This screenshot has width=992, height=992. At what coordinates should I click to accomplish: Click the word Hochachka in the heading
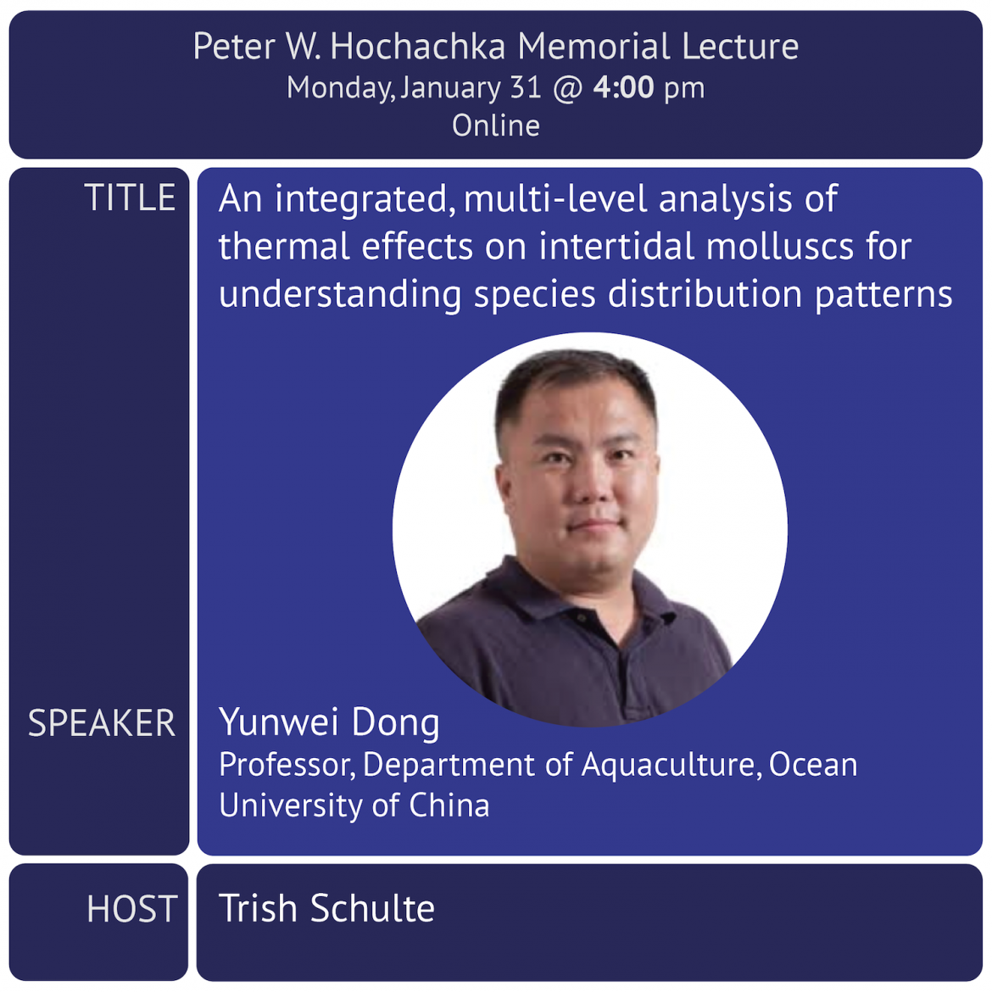tap(417, 46)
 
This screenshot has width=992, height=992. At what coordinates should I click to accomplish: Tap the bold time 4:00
tap(623, 86)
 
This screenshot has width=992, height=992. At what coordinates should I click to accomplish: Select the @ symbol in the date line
tap(567, 88)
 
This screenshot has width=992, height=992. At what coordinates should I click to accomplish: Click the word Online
tap(496, 125)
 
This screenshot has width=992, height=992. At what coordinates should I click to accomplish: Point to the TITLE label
tap(130, 198)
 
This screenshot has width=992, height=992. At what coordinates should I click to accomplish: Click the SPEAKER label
tap(101, 722)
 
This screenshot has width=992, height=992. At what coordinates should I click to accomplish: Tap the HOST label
tap(131, 909)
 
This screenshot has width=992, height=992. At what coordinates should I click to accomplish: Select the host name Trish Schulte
tap(326, 908)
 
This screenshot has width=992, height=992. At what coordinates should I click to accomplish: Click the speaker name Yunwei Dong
tap(329, 722)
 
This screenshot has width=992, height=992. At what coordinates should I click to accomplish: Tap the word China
tap(449, 805)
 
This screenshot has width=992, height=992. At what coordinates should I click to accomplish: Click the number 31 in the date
tap(526, 87)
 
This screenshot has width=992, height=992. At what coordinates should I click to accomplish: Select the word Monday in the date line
tap(340, 88)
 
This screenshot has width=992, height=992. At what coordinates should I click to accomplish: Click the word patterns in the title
tap(883, 295)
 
